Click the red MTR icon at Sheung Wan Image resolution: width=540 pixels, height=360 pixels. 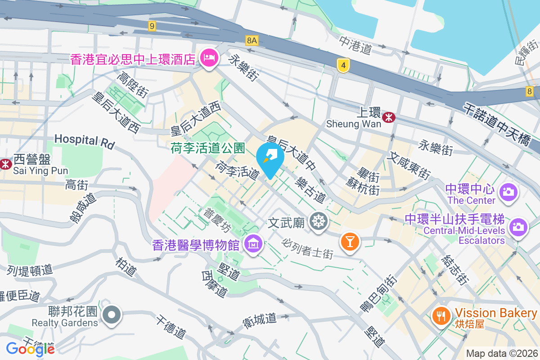tap(388, 117)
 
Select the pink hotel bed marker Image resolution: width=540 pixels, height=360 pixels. tap(209, 58)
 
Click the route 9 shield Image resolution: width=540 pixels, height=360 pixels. tap(152, 26)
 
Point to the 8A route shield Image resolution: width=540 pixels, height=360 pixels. tap(252, 41)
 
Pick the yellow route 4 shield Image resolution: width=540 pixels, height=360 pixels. tap(343, 66)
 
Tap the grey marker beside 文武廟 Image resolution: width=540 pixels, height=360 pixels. tap(319, 221)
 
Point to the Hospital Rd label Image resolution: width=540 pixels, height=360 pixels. tap(85, 140)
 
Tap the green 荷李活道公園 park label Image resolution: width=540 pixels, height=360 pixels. tap(207, 148)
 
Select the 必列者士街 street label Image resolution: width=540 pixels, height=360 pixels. tap(308, 248)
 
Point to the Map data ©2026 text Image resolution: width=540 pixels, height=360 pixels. tap(502, 354)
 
